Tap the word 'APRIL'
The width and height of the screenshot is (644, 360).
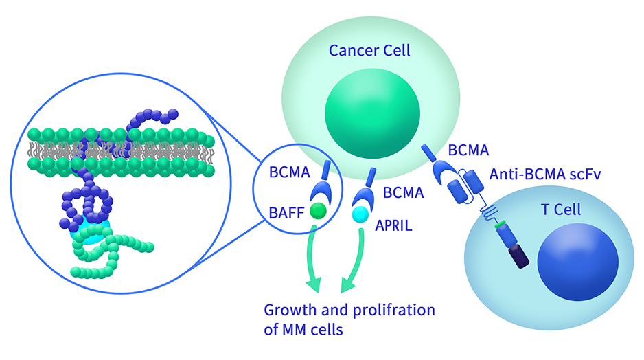(393, 225)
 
